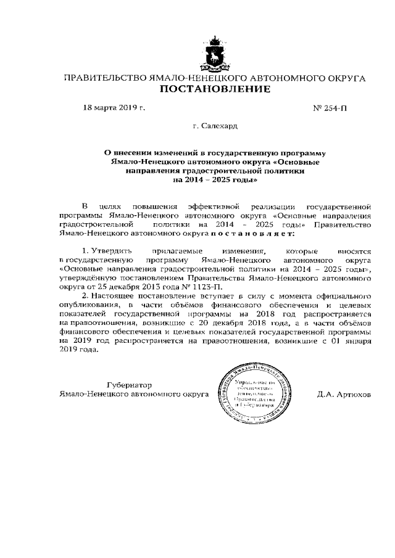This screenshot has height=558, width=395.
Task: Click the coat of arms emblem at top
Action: pos(215,54)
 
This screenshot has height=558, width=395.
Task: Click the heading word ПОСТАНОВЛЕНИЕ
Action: pos(215,90)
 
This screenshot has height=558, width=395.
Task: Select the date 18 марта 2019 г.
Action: pos(114,109)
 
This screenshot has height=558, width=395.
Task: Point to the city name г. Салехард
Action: pos(215,126)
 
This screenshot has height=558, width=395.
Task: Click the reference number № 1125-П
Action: pos(198,287)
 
